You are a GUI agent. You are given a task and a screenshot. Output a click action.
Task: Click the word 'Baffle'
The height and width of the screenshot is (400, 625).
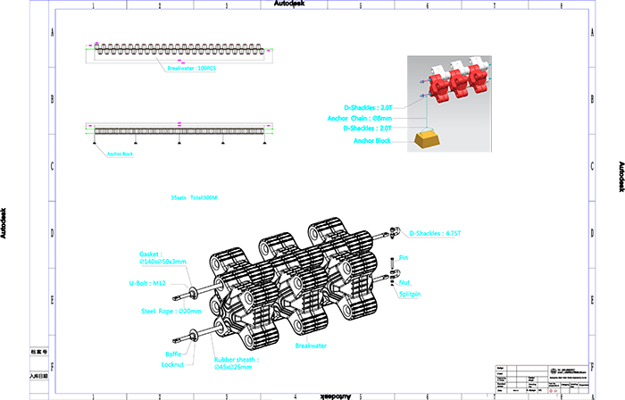pyautogui.click(x=173, y=354)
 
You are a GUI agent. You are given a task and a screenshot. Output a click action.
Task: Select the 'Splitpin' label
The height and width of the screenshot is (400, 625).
pyautogui.click(x=412, y=293)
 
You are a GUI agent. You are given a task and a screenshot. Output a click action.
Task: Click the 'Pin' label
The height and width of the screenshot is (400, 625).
pyautogui.click(x=404, y=257)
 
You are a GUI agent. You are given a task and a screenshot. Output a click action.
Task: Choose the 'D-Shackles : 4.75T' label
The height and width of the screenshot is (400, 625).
pyautogui.click(x=434, y=234)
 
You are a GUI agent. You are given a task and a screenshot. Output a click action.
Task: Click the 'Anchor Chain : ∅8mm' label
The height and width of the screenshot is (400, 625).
pyautogui.click(x=360, y=117)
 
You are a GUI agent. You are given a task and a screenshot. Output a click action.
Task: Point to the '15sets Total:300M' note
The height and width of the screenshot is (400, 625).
pyautogui.click(x=194, y=196)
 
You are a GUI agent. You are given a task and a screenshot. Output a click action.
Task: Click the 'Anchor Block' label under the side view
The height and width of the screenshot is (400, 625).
pyautogui.click(x=119, y=154)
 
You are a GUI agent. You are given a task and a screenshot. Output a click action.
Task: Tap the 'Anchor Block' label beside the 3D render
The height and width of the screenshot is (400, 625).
pyautogui.click(x=372, y=140)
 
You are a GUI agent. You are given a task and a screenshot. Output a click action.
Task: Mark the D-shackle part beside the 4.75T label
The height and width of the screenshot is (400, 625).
pyautogui.click(x=394, y=234)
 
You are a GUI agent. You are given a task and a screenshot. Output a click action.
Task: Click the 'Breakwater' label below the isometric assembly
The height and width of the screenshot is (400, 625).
pyautogui.click(x=312, y=345)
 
